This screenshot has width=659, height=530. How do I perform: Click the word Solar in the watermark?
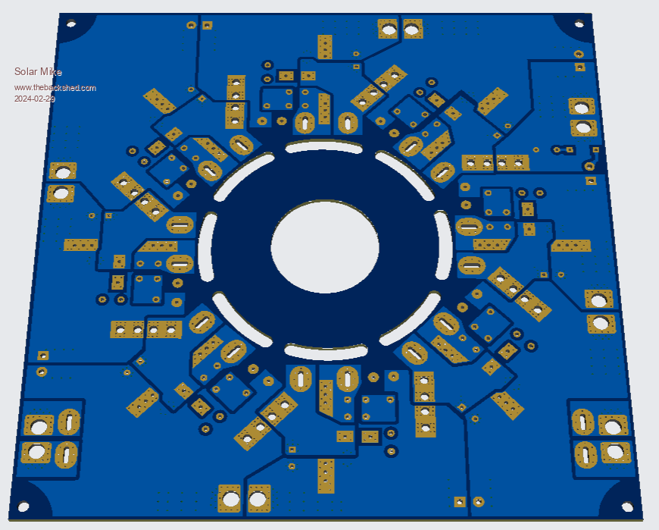pos(26,71)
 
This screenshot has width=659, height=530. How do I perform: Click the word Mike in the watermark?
pos(51,72)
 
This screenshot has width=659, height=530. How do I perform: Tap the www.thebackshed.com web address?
pos(55,88)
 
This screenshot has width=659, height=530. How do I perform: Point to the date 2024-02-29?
pos(34,99)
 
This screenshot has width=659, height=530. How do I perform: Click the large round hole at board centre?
pos(325,246)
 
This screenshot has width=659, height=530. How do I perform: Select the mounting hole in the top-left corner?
pos(71,24)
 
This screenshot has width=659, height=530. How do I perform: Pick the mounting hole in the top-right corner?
pos(579,24)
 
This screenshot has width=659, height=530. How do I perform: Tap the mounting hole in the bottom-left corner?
pos(23,506)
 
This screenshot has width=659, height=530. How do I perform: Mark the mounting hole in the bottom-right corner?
pos(627,506)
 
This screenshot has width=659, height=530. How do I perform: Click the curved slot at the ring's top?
pos(323,146)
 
